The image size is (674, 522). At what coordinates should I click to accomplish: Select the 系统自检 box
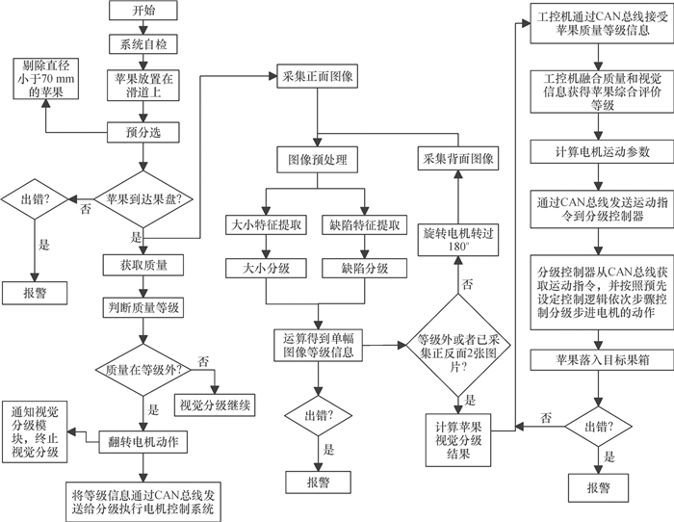coord(141,45)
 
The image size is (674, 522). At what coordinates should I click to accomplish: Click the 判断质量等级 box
coord(141,308)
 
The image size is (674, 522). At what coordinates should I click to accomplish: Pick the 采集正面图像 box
coord(317,74)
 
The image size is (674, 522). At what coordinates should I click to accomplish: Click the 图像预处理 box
coord(317,160)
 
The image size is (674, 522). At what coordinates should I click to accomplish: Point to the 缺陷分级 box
coord(365,268)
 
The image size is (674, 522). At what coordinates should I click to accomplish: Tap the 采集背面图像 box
coord(456,160)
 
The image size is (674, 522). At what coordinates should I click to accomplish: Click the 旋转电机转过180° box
coord(456,241)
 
